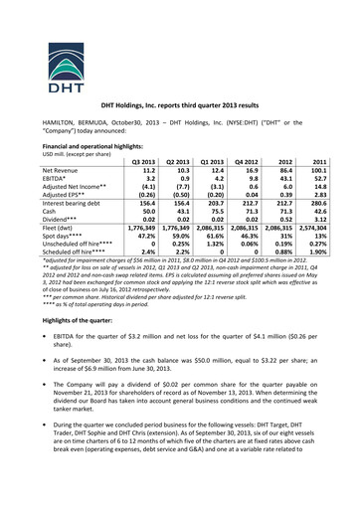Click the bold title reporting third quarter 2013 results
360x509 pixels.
coord(179,103)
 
